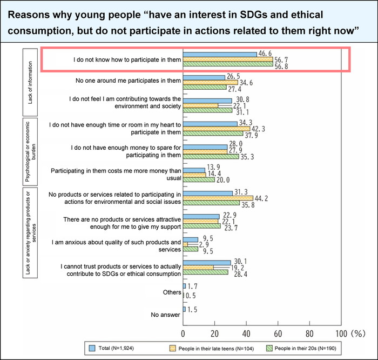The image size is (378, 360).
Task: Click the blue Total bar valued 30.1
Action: tap(207, 263)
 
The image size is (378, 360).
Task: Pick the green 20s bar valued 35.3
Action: tap(211, 157)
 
